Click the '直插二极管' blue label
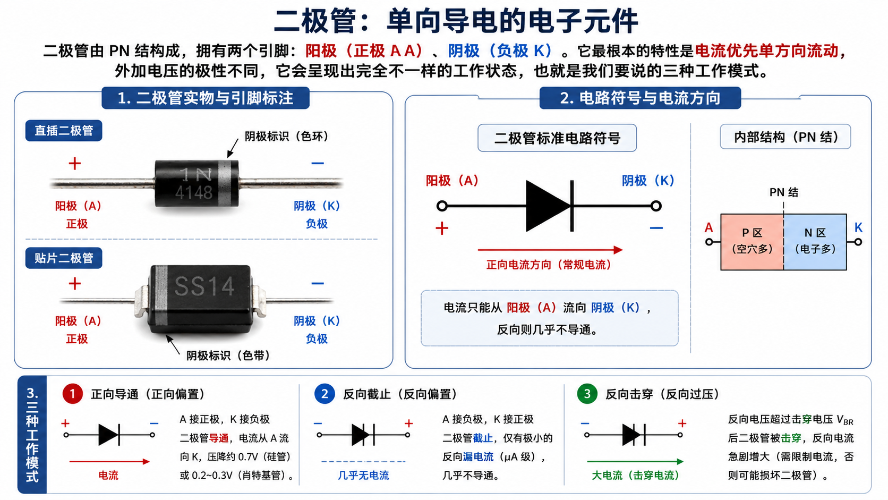(64, 131)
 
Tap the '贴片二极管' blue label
(64, 258)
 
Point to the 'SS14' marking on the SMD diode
(204, 286)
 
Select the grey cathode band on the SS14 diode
(161, 295)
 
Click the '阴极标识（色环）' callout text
(287, 137)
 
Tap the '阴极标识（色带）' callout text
(228, 355)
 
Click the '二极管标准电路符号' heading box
(557, 138)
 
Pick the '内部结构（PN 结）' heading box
(785, 137)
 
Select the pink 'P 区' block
(752, 242)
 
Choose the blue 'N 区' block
(815, 242)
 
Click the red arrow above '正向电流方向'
(550, 250)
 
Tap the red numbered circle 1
(73, 394)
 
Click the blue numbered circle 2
(325, 394)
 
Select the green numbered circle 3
(587, 394)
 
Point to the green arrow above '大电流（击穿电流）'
(635, 462)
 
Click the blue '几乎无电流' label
(363, 476)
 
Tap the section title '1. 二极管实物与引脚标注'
(206, 98)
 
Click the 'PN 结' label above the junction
(784, 192)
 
